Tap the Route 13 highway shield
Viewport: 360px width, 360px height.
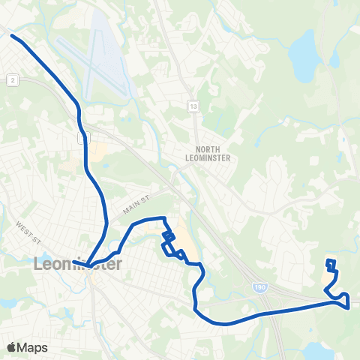pos(193,106)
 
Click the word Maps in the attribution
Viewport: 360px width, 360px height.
pos(33,347)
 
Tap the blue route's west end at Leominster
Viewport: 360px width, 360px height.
pos(87,265)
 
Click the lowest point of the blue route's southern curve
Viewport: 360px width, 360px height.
pos(221,324)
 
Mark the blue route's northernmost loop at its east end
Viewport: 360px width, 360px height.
pos(331,263)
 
